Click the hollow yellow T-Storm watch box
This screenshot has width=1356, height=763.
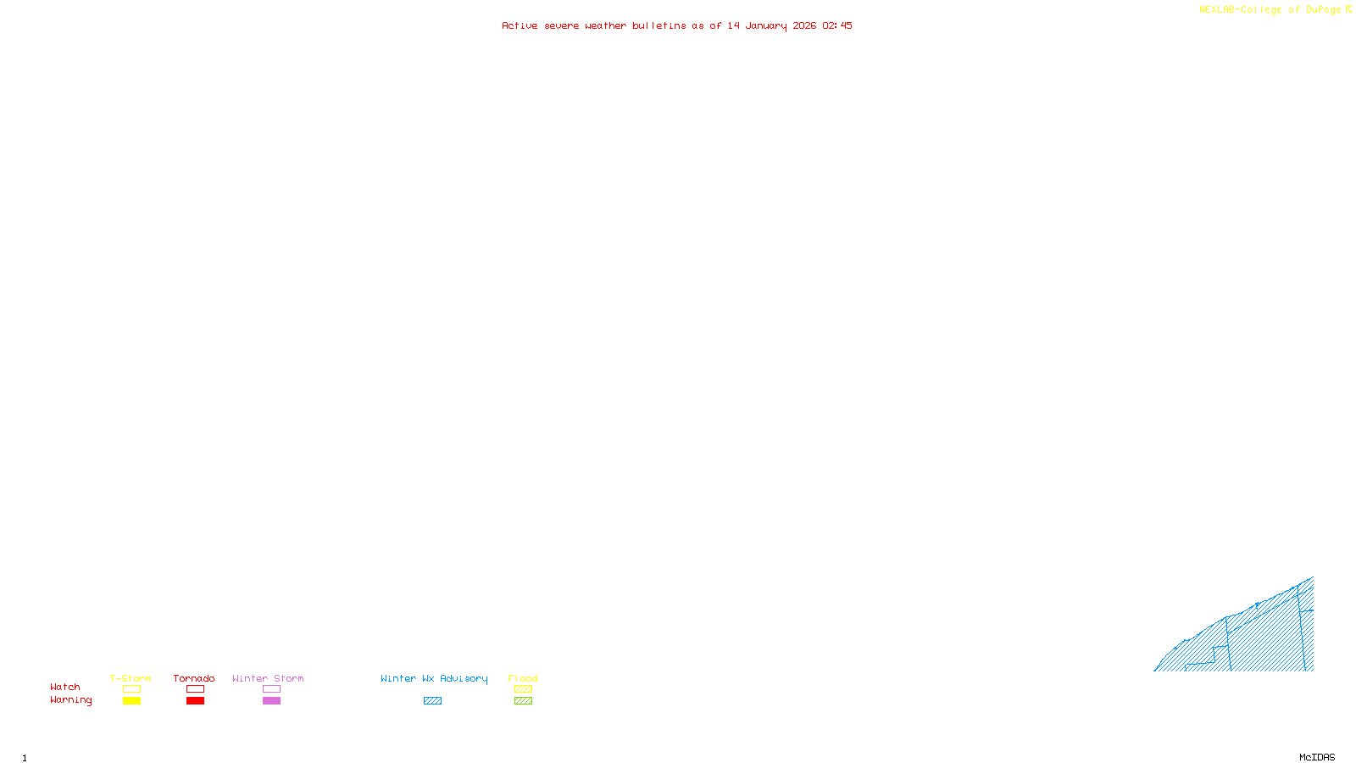[x=131, y=689]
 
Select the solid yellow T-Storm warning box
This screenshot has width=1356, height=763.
[x=131, y=701]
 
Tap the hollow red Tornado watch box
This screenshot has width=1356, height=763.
[x=195, y=689]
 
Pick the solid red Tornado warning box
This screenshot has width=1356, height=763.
[x=195, y=701]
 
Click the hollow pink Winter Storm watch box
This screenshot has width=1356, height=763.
[x=271, y=689]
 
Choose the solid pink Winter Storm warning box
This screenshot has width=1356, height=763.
[x=271, y=701]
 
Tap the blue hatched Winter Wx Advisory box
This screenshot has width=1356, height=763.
[x=432, y=701]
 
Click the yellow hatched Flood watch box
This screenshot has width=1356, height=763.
[x=523, y=689]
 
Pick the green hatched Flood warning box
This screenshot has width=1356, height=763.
[x=523, y=701]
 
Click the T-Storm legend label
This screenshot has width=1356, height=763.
[x=131, y=678]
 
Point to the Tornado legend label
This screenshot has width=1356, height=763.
[x=194, y=678]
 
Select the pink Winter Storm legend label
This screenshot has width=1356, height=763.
[x=268, y=678]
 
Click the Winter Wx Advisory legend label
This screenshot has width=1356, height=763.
[x=434, y=678]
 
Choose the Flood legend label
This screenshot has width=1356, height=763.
[x=523, y=678]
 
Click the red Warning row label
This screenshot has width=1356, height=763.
[x=70, y=700]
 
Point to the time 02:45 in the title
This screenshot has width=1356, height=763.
[x=837, y=25]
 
